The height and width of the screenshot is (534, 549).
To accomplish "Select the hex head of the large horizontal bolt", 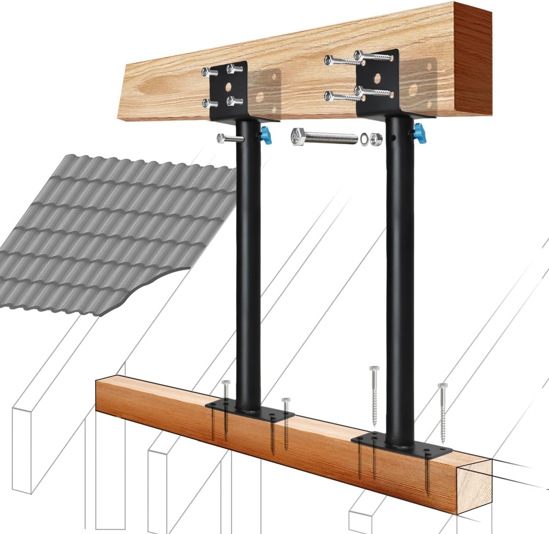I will (297, 138).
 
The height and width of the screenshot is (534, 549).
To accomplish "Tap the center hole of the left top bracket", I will (229, 87).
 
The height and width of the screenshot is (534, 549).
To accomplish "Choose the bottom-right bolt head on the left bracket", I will (231, 102).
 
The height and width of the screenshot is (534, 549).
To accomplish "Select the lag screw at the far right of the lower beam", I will (442, 412).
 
